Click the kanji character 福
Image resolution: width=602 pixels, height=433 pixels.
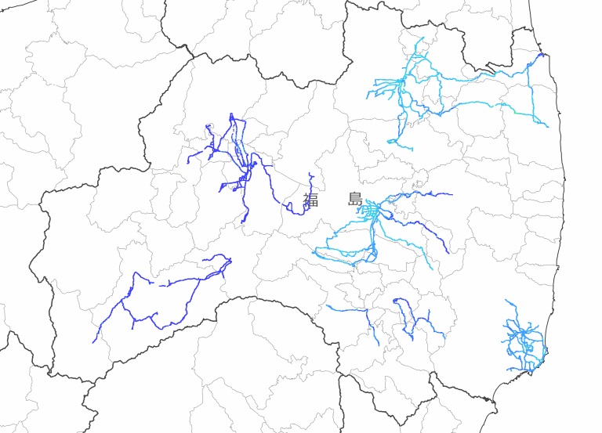(311, 199)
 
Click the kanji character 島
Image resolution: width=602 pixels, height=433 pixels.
(356, 199)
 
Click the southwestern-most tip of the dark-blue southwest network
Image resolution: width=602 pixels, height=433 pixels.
(93, 342)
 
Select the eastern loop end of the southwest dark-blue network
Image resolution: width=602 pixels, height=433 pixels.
(227, 259)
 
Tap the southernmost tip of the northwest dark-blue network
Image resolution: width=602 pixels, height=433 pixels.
(243, 222)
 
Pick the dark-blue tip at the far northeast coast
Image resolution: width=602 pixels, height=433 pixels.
(542, 54)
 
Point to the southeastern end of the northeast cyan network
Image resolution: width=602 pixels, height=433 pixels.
(547, 126)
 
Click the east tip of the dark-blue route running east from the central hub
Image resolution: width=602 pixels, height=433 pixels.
(451, 194)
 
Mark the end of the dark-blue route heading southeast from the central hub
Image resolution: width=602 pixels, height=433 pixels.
(448, 252)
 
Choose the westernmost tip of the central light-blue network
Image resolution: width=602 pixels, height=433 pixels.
(315, 252)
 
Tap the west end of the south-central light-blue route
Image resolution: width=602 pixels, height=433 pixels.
(328, 306)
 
